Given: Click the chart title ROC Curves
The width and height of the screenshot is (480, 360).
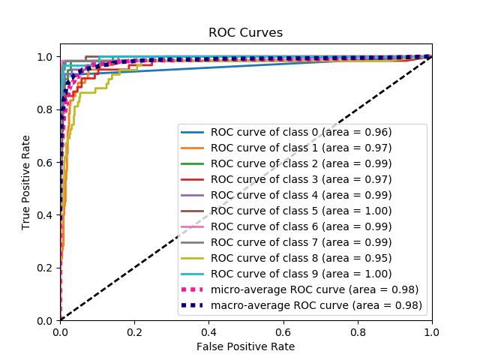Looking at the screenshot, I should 246,32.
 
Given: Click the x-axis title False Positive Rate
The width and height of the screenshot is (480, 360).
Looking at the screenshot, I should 246,346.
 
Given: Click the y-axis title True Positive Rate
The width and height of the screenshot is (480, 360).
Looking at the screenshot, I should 26,182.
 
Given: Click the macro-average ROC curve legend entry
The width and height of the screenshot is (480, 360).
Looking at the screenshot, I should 316,305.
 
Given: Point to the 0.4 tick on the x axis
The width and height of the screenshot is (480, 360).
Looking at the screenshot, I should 208,331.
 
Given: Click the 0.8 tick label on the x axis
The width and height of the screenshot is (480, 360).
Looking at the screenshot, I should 358,331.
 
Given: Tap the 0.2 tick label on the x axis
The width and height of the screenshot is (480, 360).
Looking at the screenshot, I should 134,331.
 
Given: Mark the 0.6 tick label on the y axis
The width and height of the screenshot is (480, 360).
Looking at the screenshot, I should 46,162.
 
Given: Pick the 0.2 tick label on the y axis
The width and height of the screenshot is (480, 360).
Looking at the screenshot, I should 46,268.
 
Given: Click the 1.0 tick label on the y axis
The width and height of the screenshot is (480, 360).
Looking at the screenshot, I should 46,57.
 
